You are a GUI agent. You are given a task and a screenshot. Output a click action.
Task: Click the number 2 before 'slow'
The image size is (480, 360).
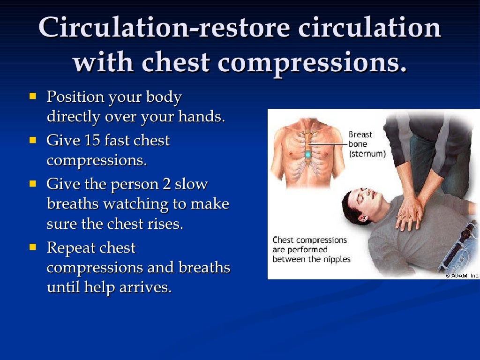[166, 184]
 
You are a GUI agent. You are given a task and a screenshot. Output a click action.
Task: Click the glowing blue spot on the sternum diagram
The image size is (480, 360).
[307, 153]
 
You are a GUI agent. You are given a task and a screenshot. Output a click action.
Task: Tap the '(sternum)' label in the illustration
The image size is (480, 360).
[367, 154]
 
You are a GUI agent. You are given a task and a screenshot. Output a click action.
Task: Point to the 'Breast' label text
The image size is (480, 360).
[360, 135]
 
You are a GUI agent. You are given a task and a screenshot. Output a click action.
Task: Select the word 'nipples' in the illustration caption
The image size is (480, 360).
[335, 259]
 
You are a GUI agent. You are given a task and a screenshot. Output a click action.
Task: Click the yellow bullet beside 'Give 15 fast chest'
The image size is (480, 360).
[33, 140]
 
